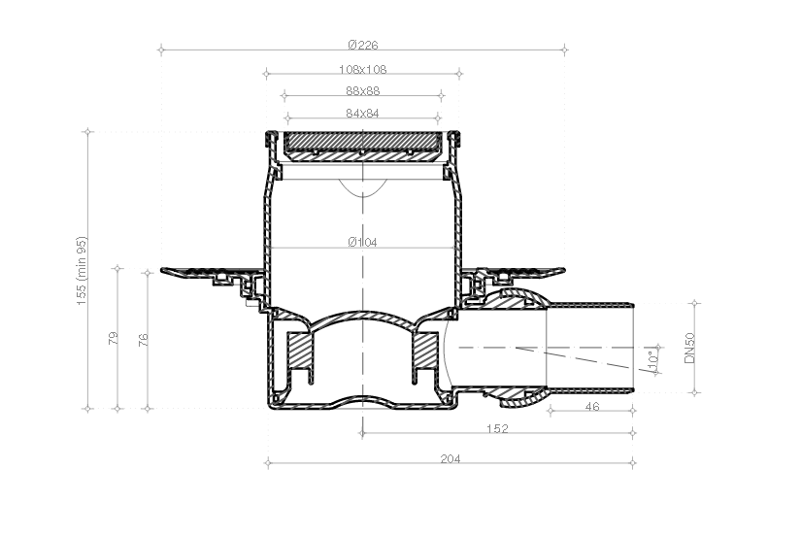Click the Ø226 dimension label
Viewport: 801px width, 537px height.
pyautogui.click(x=362, y=45)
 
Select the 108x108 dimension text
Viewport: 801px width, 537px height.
pyautogui.click(x=362, y=70)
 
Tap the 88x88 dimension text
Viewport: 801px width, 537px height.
pyautogui.click(x=362, y=91)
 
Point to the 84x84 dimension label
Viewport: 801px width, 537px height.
pyautogui.click(x=362, y=114)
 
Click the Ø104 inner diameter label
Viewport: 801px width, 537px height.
pyautogui.click(x=362, y=243)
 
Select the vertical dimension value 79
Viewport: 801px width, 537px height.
pyautogui.click(x=113, y=339)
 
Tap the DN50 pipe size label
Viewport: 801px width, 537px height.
pyautogui.click(x=689, y=347)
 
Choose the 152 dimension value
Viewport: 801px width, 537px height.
pyautogui.click(x=497, y=427)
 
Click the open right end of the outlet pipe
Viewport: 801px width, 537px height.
pyautogui.click(x=633, y=347)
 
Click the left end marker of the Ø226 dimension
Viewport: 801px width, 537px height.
pyautogui.click(x=160, y=47)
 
